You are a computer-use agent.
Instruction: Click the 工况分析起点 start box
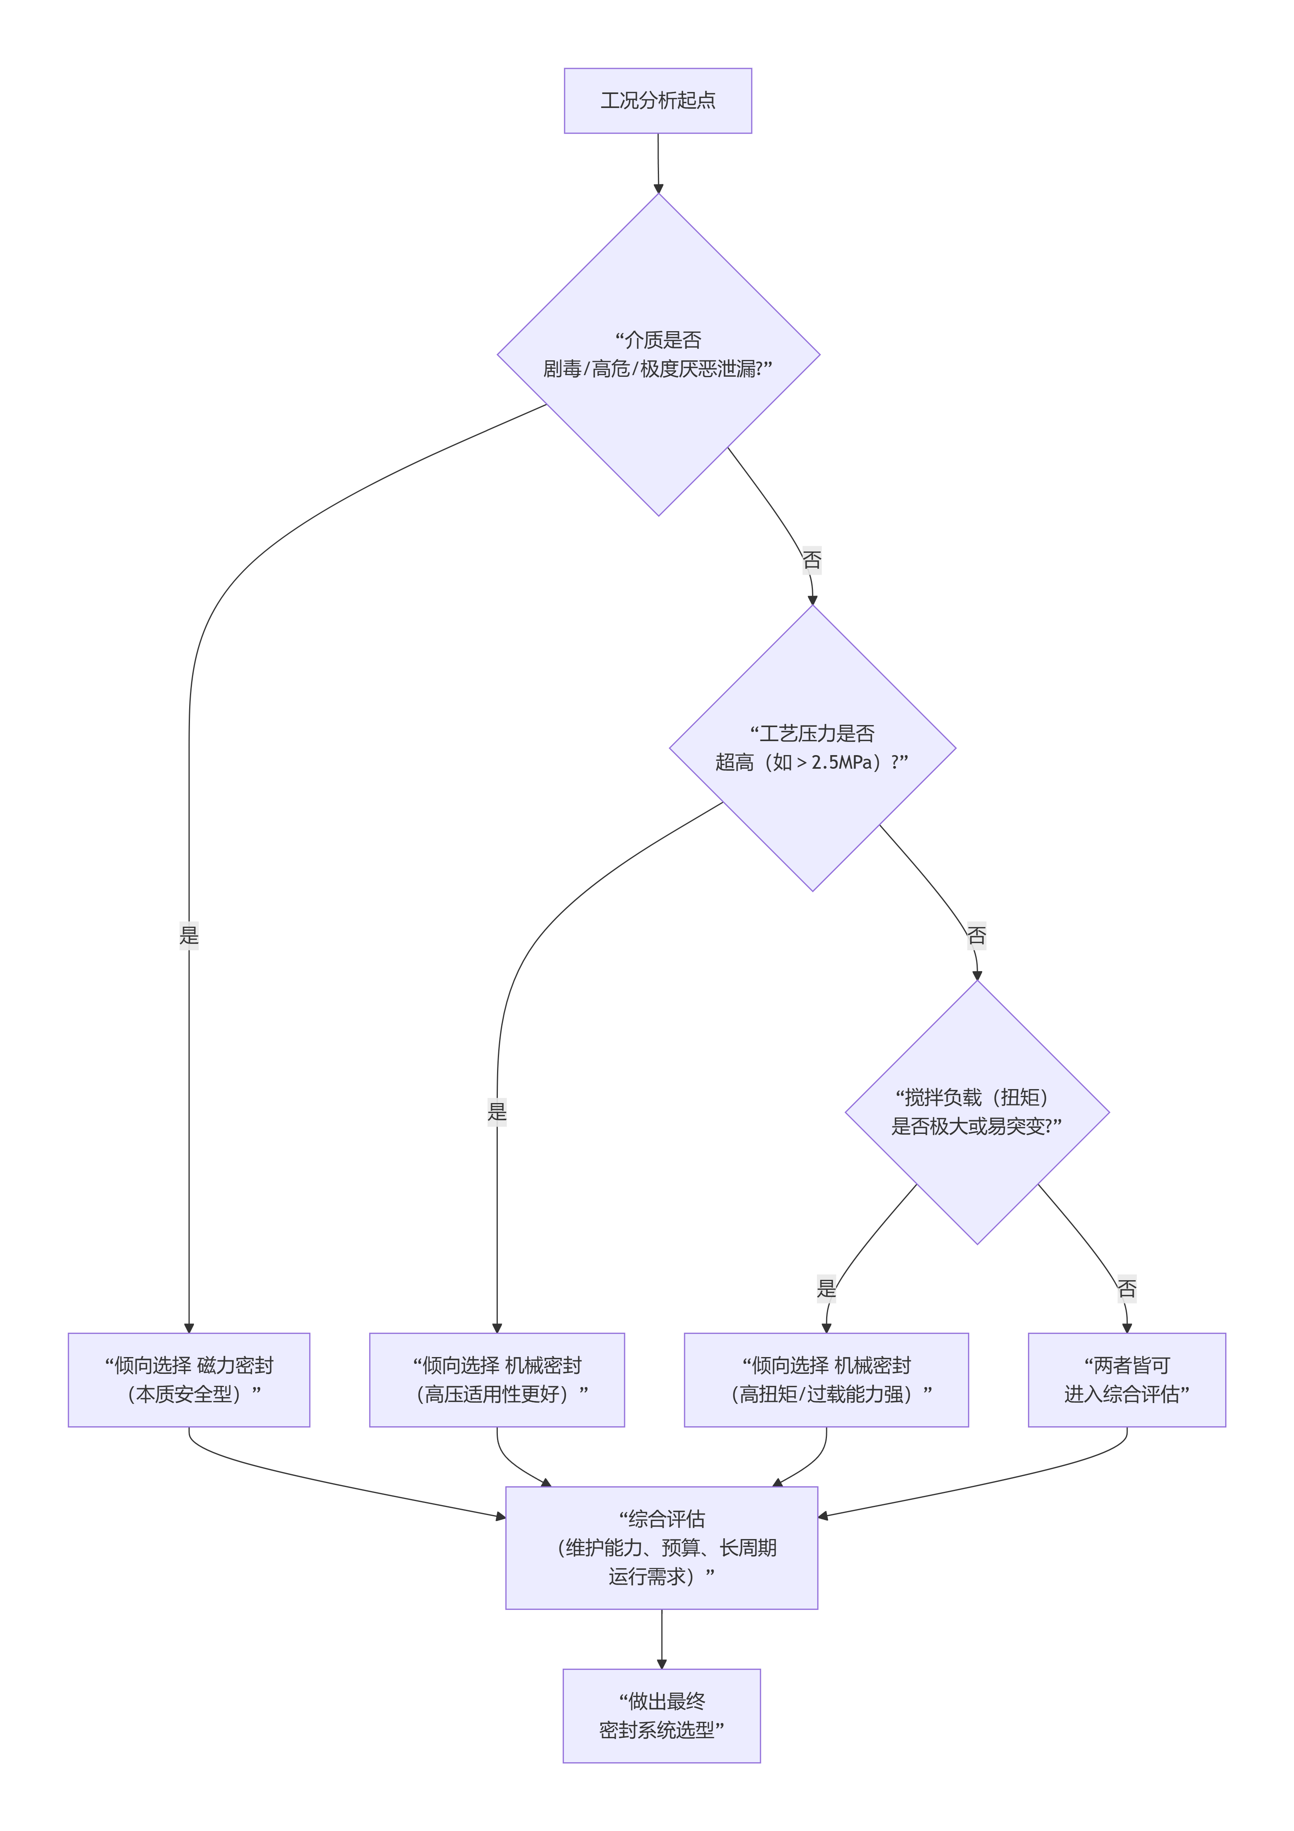click(658, 100)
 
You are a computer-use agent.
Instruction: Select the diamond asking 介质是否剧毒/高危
click(658, 355)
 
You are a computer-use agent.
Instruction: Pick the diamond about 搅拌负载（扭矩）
click(976, 1112)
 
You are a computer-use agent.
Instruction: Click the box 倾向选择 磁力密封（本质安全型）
click(189, 1379)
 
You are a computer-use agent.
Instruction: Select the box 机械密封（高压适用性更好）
click(497, 1379)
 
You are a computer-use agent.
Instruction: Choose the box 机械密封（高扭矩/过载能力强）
click(826, 1379)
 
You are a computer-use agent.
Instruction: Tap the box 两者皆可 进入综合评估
click(1126, 1379)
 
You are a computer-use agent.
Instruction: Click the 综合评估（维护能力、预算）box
click(662, 1547)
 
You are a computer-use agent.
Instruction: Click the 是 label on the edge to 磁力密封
click(189, 935)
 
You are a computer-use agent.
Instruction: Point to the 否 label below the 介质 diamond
click(812, 560)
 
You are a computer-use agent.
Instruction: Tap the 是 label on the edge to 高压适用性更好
click(497, 1111)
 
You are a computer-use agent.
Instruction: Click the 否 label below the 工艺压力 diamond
click(976, 935)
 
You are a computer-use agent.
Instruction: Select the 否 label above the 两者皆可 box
click(1126, 1288)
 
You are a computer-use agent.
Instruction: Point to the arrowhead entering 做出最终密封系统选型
click(662, 1663)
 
